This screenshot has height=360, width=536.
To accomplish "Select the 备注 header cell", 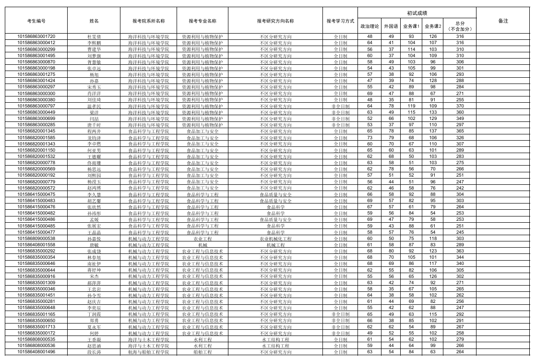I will [x=503, y=21].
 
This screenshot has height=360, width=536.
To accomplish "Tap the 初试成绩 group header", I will [x=417, y=13].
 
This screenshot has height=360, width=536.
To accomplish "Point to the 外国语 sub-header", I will [x=391, y=26].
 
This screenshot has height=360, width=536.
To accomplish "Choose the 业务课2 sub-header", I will [x=433, y=26].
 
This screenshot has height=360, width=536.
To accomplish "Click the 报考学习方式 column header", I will [x=340, y=21].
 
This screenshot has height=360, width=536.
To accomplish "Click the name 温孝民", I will [x=94, y=106].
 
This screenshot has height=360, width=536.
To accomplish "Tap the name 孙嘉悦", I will [x=94, y=239].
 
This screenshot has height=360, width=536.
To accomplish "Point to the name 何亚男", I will [x=94, y=150].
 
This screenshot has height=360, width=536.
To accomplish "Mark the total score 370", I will [x=460, y=106].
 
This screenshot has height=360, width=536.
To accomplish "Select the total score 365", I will [x=460, y=131].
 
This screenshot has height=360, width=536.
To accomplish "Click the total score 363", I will [x=460, y=251].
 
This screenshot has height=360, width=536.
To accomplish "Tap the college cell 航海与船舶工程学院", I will [x=148, y=352].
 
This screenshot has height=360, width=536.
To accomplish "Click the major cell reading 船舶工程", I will [x=202, y=352].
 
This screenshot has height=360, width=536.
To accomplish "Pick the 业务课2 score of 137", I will [x=433, y=131].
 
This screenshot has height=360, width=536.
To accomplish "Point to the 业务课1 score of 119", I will [x=411, y=106].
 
